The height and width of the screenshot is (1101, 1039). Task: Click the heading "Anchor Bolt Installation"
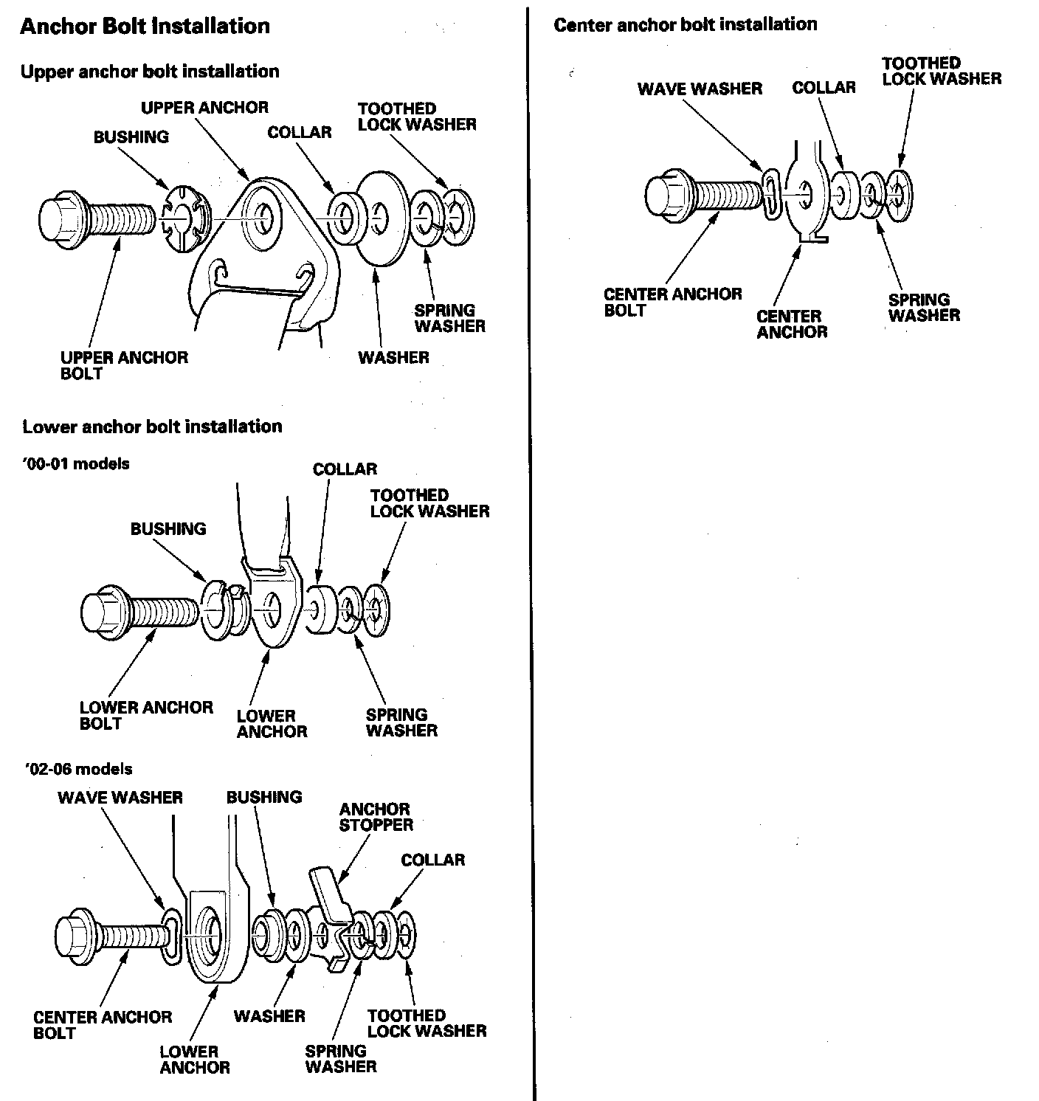(145, 27)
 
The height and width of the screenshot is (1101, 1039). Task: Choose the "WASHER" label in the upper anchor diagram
(393, 358)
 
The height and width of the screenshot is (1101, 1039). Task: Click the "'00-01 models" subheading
(76, 464)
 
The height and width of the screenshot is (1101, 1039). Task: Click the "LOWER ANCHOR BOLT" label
(146, 716)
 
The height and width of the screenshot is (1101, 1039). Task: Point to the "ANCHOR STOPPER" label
(376, 817)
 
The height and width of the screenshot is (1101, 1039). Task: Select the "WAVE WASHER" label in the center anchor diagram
(700, 89)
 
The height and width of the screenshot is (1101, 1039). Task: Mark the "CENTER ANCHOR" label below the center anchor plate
(792, 325)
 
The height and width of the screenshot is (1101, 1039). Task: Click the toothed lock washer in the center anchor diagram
(900, 196)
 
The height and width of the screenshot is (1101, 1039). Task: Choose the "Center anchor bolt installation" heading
(685, 24)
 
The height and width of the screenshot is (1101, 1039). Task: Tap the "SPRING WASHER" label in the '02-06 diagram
(341, 1058)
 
